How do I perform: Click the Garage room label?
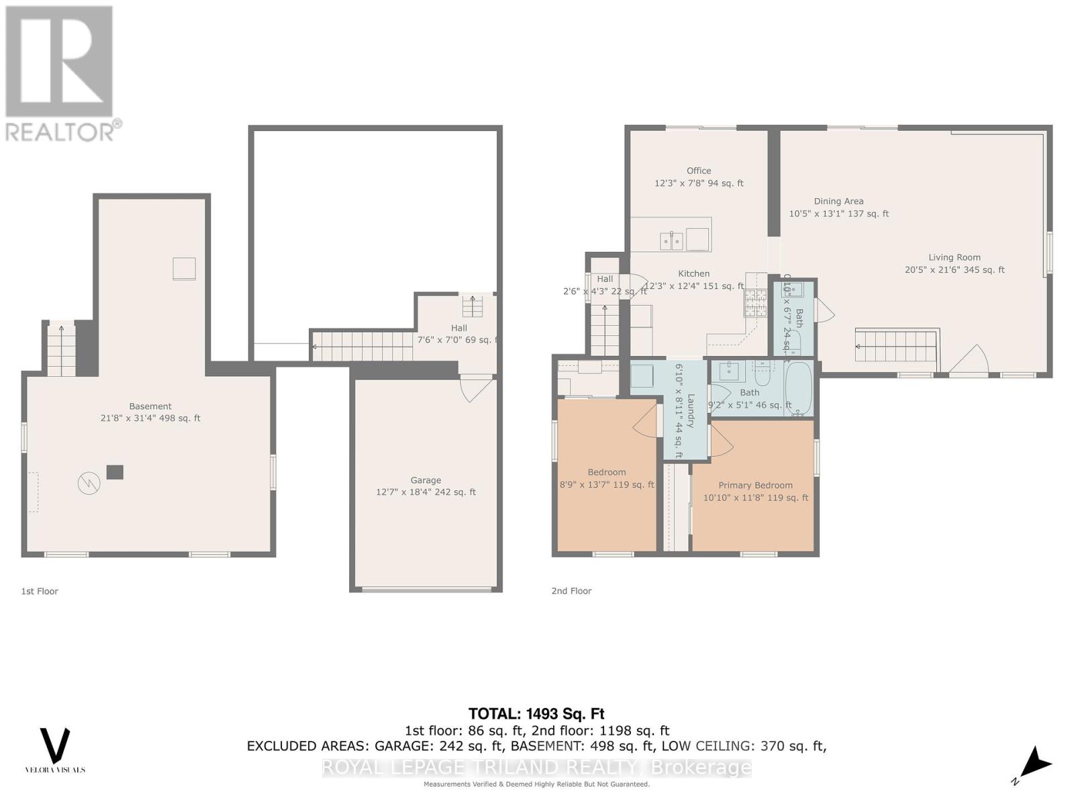tap(426, 480)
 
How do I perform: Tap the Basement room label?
tap(150, 406)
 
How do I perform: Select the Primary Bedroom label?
tap(755, 485)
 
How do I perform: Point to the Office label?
tap(699, 171)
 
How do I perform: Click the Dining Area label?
tap(838, 201)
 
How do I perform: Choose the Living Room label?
tap(955, 257)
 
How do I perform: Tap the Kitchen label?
tap(693, 273)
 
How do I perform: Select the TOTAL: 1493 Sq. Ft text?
tap(536, 713)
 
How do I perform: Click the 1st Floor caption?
tap(40, 591)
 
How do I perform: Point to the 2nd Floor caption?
tap(571, 591)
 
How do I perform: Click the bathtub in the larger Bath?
tap(798, 388)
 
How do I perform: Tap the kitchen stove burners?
tap(755, 303)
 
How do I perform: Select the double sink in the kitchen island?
tap(672, 239)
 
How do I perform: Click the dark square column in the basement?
tap(115, 472)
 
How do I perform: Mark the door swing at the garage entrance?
tap(475, 388)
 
